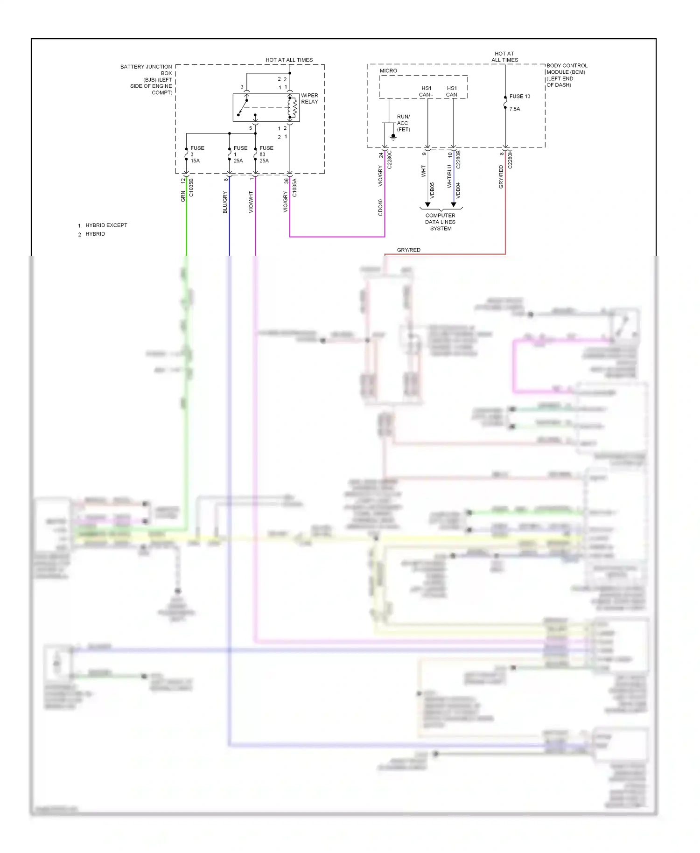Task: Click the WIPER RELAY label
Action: click(x=309, y=98)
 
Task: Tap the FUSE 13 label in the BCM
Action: click(x=519, y=97)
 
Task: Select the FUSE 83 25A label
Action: click(x=266, y=154)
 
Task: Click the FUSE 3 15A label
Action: click(x=196, y=154)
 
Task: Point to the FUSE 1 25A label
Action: click(x=240, y=154)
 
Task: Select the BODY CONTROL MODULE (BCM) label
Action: click(x=567, y=75)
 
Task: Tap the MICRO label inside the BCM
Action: click(x=388, y=71)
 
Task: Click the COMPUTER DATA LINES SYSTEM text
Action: click(x=441, y=222)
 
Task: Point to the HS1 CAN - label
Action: click(x=426, y=91)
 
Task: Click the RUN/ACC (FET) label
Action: click(x=403, y=123)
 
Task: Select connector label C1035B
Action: click(x=191, y=187)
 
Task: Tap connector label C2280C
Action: click(x=390, y=159)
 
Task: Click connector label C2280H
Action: click(x=510, y=159)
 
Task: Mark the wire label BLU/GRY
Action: click(x=225, y=203)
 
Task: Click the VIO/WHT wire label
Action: click(x=251, y=202)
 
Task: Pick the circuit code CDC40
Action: click(x=381, y=208)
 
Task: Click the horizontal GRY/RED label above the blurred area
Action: click(x=408, y=250)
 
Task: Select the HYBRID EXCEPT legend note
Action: click(x=106, y=225)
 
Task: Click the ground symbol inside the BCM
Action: click(x=393, y=137)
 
